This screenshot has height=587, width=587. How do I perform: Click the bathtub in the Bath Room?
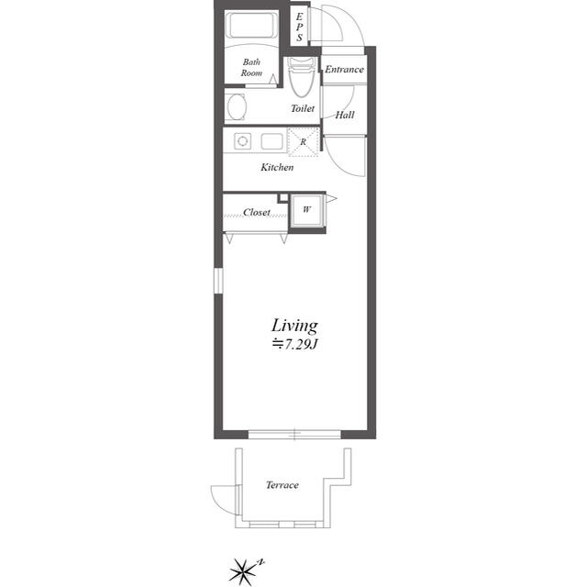coord(251,26)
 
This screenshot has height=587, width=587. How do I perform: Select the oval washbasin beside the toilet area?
coord(236,106)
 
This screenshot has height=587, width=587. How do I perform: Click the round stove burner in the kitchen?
coord(242,141)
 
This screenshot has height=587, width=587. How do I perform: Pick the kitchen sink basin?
coord(272,141)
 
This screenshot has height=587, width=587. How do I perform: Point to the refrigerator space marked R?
coord(304,142)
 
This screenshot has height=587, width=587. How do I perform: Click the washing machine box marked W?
coord(306,210)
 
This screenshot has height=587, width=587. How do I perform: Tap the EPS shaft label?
coord(300,27)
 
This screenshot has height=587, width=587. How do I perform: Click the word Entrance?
coord(344,70)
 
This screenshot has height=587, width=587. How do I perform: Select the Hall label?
coord(345,115)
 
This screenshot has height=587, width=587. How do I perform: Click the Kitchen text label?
coord(277,167)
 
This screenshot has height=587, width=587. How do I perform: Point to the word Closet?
coord(257,212)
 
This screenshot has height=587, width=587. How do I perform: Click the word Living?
coord(294,326)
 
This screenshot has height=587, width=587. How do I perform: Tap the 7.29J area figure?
coord(295,345)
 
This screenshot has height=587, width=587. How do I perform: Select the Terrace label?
coord(282,485)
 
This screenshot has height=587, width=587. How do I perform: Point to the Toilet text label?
coord(303,108)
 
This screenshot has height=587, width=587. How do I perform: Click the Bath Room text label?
coord(251,67)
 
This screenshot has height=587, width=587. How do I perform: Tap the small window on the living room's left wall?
coord(218,280)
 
